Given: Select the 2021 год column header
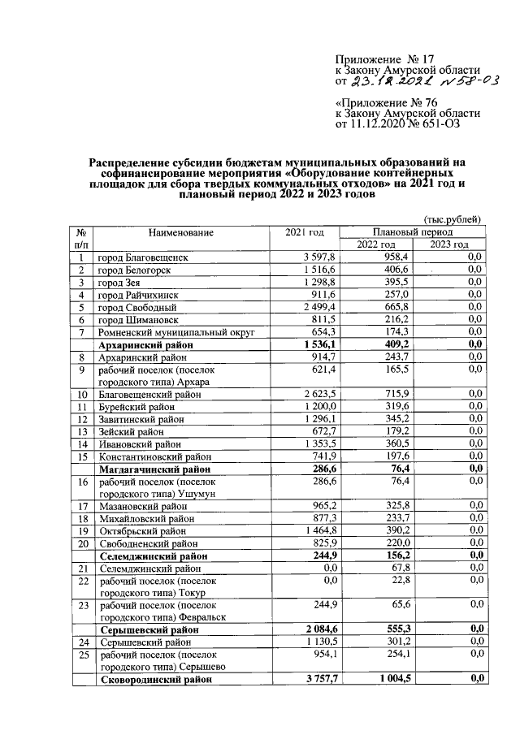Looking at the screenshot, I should [x=305, y=233].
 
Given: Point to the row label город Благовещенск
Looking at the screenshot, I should [x=142, y=257].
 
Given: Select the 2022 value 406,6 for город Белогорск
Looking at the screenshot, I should [x=383, y=270].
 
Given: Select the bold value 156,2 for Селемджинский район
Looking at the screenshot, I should [x=381, y=556].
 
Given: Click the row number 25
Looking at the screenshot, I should [x=81, y=654].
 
